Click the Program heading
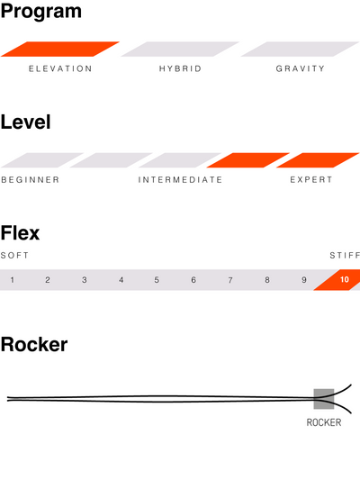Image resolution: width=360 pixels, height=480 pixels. click(41, 13)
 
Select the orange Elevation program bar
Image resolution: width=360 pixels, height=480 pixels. click(60, 49)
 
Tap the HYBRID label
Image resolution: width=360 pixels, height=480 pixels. click(180, 68)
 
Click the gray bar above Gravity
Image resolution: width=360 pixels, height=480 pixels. click(300, 49)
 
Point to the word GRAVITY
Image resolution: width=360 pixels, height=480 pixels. click(301, 68)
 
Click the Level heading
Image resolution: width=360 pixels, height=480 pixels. click(26, 122)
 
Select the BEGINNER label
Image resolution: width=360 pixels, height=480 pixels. click(31, 180)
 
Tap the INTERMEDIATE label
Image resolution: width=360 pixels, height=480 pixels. click(180, 180)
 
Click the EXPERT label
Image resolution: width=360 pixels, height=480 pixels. click(311, 180)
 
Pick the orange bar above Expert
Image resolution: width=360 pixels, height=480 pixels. click(318, 160)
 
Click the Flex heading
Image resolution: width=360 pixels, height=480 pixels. click(20, 233)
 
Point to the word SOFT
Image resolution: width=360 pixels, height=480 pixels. click(14, 255)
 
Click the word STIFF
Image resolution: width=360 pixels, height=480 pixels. click(345, 255)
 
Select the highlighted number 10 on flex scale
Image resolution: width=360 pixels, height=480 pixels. click(345, 279)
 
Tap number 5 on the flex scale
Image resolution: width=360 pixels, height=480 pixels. click(157, 280)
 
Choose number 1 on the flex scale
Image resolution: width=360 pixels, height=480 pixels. click(13, 280)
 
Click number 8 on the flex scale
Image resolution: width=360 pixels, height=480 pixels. click(267, 280)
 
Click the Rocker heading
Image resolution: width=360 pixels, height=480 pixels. click(34, 344)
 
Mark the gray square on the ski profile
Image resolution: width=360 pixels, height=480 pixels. click(324, 399)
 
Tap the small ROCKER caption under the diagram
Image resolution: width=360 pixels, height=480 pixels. click(324, 422)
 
